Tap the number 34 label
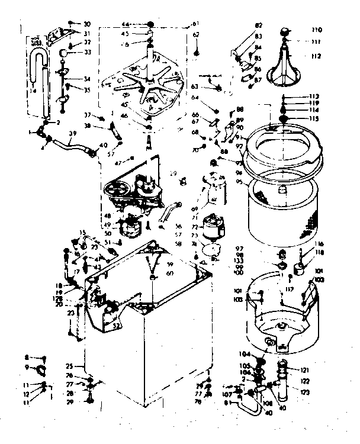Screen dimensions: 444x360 (86, 79)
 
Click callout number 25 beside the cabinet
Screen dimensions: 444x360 (69, 366)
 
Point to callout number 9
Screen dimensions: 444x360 (26, 367)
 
